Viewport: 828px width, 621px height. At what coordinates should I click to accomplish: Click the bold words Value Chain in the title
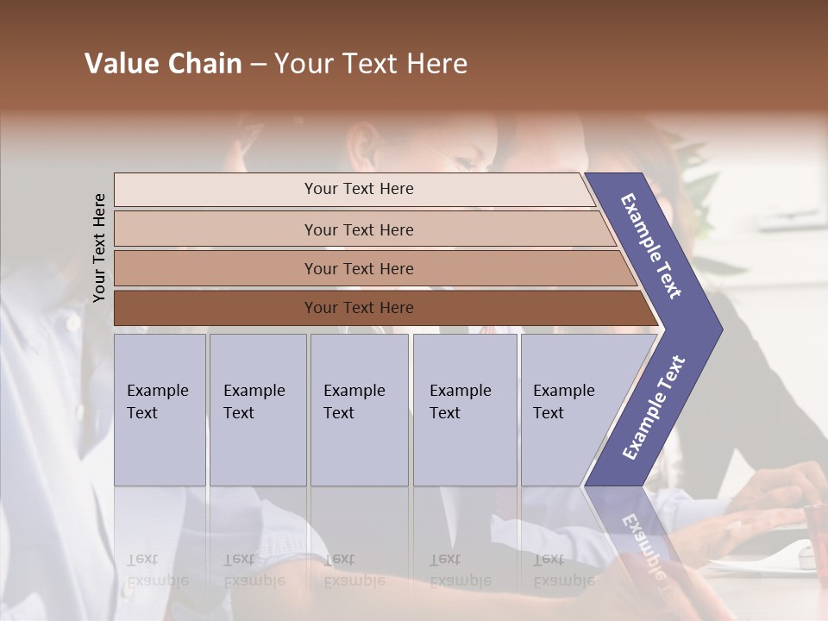click(x=163, y=64)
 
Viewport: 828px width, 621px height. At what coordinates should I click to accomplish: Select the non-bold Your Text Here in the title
click(x=371, y=64)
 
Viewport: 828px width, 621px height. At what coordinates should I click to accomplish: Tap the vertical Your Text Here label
click(x=99, y=248)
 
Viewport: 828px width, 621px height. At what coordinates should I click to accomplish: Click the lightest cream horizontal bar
click(x=354, y=189)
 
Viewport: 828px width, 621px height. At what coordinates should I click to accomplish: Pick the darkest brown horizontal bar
click(x=379, y=308)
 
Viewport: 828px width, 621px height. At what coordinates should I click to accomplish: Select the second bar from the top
click(x=362, y=229)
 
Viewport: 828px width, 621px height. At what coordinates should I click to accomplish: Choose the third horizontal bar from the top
click(x=371, y=268)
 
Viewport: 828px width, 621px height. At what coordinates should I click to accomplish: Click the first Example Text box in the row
click(x=160, y=410)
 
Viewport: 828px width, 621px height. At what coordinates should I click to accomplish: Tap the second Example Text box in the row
click(x=257, y=410)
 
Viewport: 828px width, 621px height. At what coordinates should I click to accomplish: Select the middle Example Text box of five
click(x=359, y=410)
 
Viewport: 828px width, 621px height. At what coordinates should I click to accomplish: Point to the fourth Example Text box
click(x=464, y=410)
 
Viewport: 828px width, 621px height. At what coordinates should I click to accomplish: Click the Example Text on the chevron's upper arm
click(x=651, y=246)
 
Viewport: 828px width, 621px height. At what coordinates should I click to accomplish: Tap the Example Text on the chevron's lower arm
click(x=654, y=407)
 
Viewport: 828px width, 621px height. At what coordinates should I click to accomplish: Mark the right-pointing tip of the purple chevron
click(x=718, y=329)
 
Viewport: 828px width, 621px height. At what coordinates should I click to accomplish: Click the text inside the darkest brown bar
click(x=359, y=308)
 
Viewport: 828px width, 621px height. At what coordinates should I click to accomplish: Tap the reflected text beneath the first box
click(x=157, y=570)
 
